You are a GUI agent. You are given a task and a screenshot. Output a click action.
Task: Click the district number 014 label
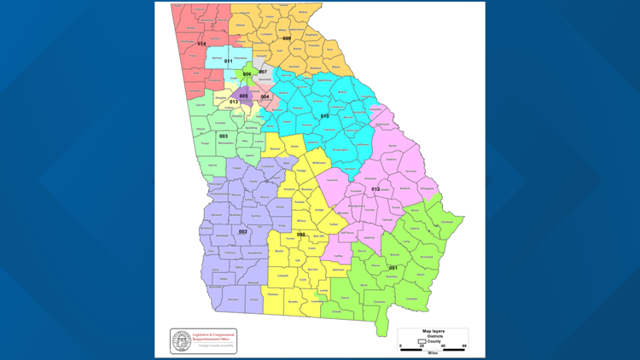pos(202,44)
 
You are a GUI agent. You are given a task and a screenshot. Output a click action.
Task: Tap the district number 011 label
pos(228,61)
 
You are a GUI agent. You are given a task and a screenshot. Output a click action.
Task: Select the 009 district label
pos(287,38)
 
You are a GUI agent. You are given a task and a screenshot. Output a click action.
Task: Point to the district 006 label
pos(247,74)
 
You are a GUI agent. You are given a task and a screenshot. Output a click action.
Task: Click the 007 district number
pos(263,72)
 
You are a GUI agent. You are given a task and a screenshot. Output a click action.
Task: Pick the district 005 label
pos(243,96)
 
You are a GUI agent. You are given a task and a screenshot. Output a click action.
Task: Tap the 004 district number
pos(265,96)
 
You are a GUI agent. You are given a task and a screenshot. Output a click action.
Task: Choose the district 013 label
pos(234,102)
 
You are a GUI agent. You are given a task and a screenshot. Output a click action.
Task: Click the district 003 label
pos(223,136)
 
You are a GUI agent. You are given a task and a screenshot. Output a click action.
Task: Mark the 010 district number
pos(324,115)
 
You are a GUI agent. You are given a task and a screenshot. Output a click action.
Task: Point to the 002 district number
pos(242,231)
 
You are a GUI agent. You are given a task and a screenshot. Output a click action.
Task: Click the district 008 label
pos(300,235)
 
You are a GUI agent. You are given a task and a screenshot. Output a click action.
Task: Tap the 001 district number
pos(393,268)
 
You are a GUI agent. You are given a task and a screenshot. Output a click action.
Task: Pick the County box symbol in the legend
pos(417,340)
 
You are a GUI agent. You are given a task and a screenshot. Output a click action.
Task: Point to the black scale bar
pos(433,345)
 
